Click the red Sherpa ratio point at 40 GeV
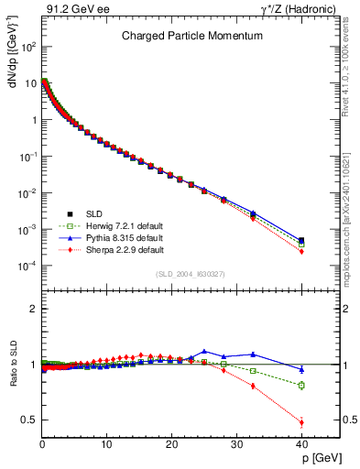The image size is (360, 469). pos(300,422)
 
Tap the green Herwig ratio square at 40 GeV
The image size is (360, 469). pos(300,386)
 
